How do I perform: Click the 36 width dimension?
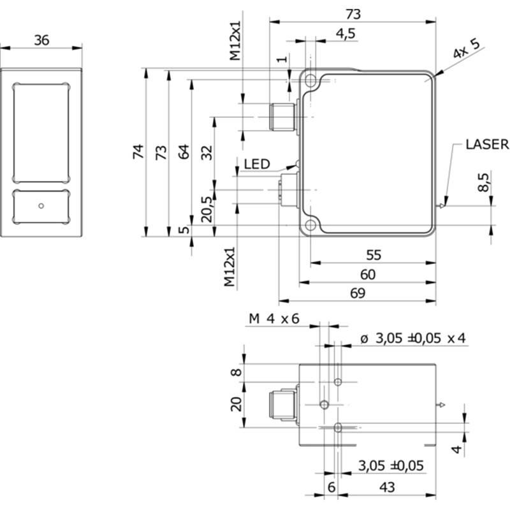click(41, 40)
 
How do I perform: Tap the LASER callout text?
click(486, 144)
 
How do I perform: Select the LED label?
click(257, 164)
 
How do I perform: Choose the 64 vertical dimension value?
click(184, 152)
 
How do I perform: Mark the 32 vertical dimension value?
click(207, 152)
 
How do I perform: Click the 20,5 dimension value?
click(207, 208)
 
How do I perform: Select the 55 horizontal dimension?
click(374, 254)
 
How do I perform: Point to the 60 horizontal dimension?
click(368, 274)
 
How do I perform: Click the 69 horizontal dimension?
click(358, 293)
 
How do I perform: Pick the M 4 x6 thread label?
click(273, 319)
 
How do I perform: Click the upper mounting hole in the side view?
click(311, 81)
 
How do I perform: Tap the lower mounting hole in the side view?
click(311, 225)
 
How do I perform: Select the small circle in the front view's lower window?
click(41, 205)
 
